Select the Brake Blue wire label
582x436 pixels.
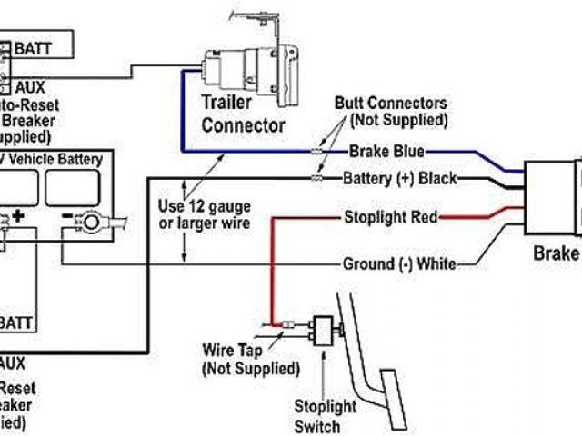pyautogui.click(x=384, y=152)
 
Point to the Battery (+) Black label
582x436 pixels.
pyautogui.click(x=399, y=178)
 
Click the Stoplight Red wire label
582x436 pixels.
pyautogui.click(x=391, y=217)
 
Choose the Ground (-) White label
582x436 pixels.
pyautogui.click(x=398, y=264)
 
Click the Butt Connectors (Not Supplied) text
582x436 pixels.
pyautogui.click(x=390, y=112)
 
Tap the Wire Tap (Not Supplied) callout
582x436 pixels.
pyautogui.click(x=249, y=360)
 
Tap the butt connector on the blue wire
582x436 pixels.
pyautogui.click(x=316, y=152)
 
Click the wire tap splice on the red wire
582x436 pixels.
pyautogui.click(x=284, y=323)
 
